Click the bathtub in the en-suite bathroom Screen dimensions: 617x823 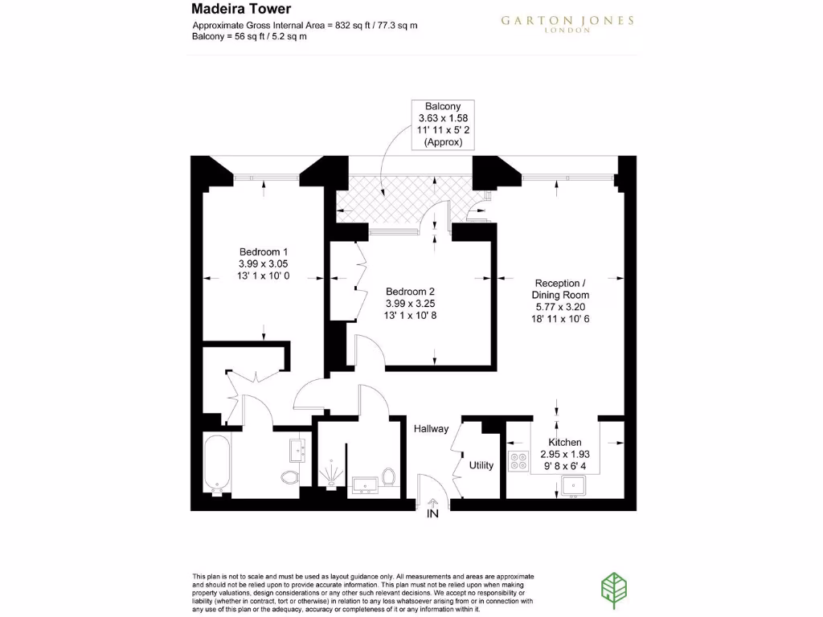(x=217, y=464)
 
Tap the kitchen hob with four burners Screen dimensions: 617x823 (x=518, y=462)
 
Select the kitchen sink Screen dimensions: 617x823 (x=574, y=485)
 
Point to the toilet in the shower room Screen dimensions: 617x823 (x=389, y=477)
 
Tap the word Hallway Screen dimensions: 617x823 (x=431, y=429)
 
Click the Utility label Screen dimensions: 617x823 (x=481, y=465)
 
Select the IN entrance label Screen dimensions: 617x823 (x=432, y=514)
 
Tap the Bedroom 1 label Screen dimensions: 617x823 (x=263, y=251)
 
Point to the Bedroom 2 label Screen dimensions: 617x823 (x=410, y=291)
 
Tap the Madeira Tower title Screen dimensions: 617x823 (x=230, y=10)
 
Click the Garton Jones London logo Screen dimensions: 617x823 (x=567, y=23)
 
